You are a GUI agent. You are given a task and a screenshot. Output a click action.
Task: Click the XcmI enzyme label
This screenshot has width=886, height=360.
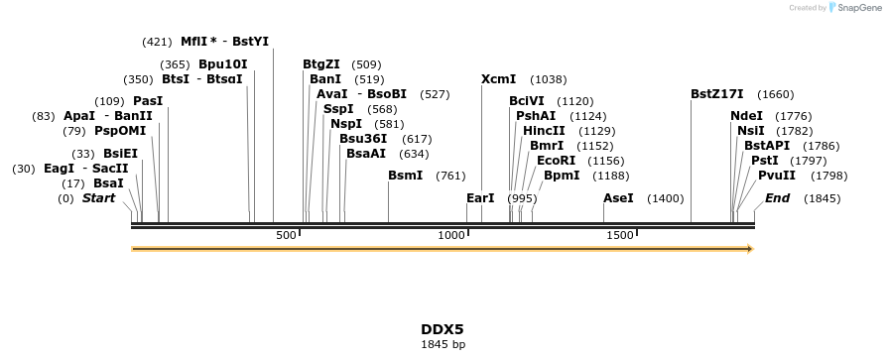(498, 79)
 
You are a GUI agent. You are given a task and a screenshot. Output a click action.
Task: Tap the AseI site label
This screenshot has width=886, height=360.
(618, 198)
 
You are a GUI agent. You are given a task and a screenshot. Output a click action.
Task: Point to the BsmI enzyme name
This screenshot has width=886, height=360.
(405, 176)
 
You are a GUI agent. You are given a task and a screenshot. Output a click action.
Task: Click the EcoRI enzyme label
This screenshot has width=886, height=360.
(556, 160)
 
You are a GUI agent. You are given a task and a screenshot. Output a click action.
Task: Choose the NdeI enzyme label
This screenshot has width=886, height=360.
(746, 116)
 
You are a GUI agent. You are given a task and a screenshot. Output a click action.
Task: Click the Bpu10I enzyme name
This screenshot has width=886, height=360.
(222, 64)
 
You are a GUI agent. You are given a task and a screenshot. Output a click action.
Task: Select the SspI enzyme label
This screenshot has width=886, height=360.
(338, 109)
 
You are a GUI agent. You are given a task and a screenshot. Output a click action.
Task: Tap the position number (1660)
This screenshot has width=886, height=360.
(775, 95)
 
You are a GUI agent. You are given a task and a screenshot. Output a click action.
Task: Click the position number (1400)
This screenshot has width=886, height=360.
(665, 199)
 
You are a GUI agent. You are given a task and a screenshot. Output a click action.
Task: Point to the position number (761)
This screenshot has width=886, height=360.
(450, 177)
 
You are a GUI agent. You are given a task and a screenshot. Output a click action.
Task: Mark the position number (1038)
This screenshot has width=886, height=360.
(549, 80)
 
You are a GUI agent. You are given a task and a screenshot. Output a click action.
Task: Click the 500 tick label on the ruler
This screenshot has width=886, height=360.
(286, 235)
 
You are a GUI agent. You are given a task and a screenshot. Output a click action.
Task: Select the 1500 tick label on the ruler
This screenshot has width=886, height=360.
(620, 235)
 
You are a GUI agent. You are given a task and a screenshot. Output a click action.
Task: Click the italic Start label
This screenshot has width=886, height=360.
(98, 198)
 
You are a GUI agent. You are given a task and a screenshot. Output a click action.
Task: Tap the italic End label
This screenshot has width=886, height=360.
(777, 198)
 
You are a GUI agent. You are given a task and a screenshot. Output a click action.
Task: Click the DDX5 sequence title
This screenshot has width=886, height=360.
(443, 329)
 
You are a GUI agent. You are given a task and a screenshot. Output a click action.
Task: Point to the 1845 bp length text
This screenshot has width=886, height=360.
(443, 345)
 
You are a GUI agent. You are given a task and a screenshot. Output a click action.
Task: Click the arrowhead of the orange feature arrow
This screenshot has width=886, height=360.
(749, 248)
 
